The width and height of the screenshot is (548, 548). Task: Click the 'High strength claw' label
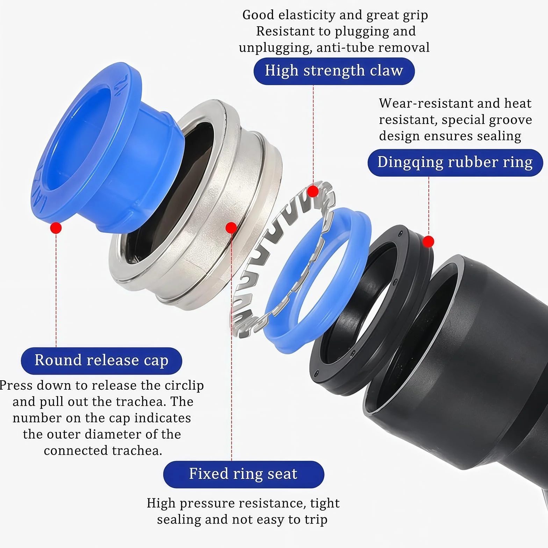(x=334, y=71)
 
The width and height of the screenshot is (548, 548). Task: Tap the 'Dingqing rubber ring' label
(x=455, y=163)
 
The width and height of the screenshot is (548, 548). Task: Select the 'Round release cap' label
(x=101, y=361)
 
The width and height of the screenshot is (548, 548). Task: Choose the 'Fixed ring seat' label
(x=244, y=474)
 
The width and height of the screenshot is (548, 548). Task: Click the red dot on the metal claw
(x=313, y=192)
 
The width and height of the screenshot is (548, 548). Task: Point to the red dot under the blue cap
(x=56, y=228)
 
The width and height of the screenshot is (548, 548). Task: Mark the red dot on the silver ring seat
(x=231, y=228)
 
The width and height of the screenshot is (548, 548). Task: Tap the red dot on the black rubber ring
(x=428, y=241)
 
